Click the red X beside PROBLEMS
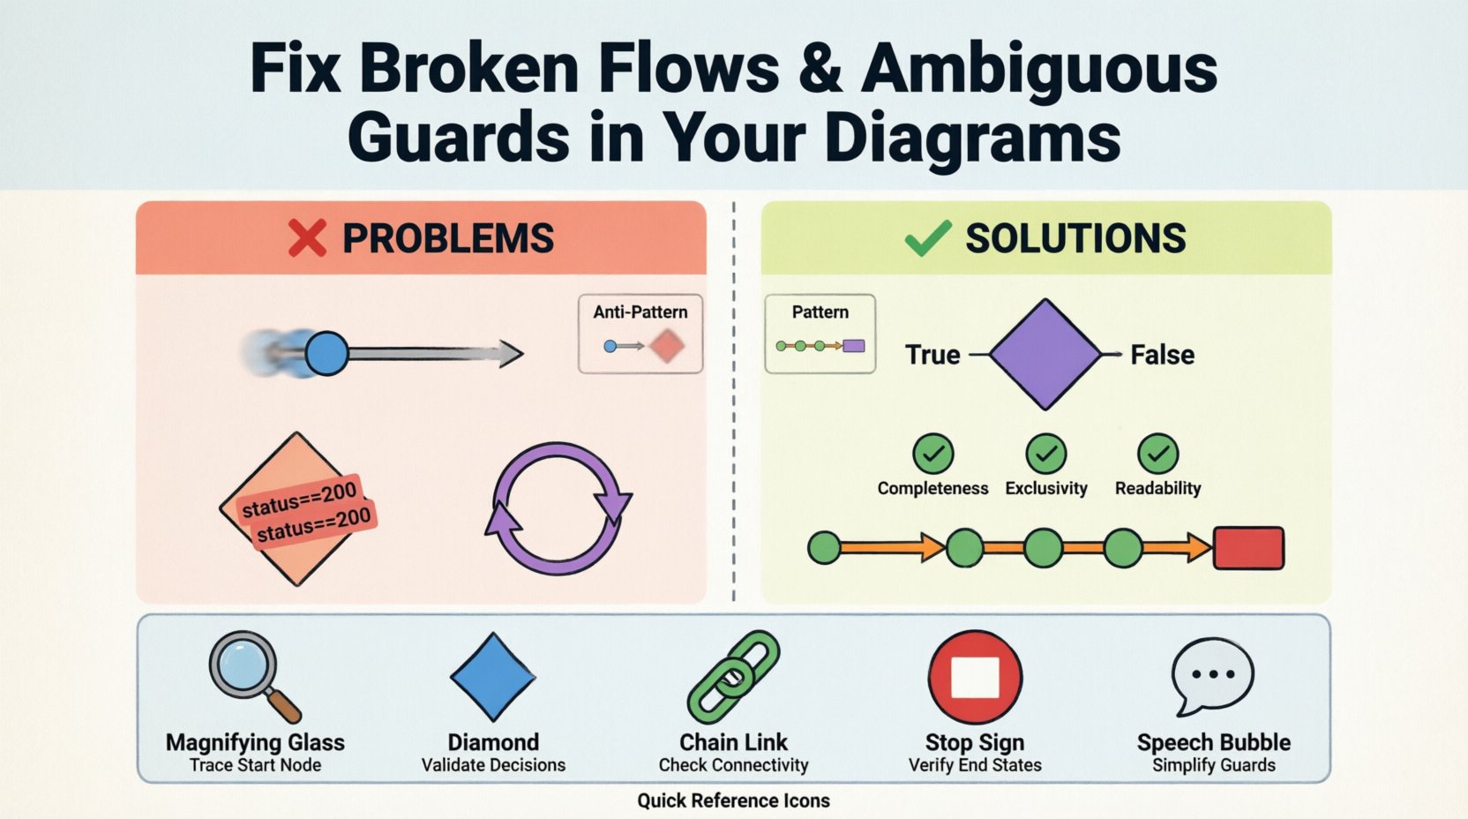[307, 237]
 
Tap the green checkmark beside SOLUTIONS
[928, 237]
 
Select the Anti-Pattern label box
[640, 334]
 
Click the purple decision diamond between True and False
[1045, 354]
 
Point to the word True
[932, 355]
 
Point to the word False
[1163, 355]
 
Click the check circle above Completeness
[932, 454]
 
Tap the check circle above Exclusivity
[1046, 454]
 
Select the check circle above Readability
[1157, 454]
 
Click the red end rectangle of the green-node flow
[1248, 548]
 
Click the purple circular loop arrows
[558, 509]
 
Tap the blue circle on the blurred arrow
[326, 354]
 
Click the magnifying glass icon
[250, 673]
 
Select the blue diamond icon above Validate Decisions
[493, 677]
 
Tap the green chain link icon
[733, 677]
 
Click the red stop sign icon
[975, 677]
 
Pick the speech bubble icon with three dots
[1212, 675]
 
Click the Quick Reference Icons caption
[733, 800]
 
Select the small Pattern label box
[820, 334]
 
